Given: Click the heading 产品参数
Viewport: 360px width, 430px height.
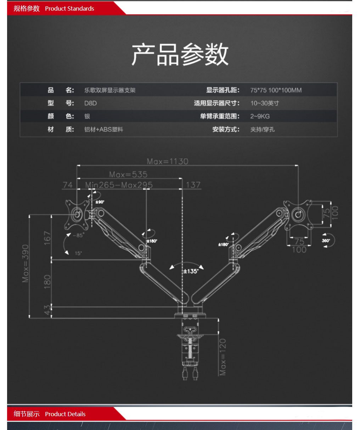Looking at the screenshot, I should click(x=180, y=54).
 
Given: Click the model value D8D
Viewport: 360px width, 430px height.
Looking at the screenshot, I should click(x=90, y=103).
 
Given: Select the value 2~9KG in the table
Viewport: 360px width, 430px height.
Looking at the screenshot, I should click(x=260, y=116).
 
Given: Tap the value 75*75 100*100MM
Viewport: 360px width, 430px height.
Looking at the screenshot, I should click(x=276, y=90).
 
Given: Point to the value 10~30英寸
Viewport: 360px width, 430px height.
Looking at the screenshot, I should click(x=264, y=103).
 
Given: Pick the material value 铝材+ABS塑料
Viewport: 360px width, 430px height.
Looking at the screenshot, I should click(x=103, y=129).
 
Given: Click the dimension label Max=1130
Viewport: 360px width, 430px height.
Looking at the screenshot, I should click(x=168, y=162).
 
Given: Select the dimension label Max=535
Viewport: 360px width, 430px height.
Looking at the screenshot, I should click(x=128, y=174).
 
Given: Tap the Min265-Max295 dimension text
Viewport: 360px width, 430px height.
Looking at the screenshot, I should click(x=119, y=185).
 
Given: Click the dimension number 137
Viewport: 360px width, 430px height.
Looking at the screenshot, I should click(x=193, y=185).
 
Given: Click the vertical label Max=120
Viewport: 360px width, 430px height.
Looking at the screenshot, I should click(x=223, y=357).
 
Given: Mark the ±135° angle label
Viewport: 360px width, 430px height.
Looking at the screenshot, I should click(x=191, y=271).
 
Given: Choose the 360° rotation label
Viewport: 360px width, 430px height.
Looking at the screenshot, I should click(x=326, y=241).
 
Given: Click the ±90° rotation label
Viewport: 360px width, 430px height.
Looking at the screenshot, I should click(x=100, y=202).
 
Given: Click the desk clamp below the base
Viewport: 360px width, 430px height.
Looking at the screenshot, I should click(x=191, y=345).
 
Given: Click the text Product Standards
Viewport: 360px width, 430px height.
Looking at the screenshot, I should click(x=69, y=9).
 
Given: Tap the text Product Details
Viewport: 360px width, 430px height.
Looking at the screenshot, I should click(x=65, y=414).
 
